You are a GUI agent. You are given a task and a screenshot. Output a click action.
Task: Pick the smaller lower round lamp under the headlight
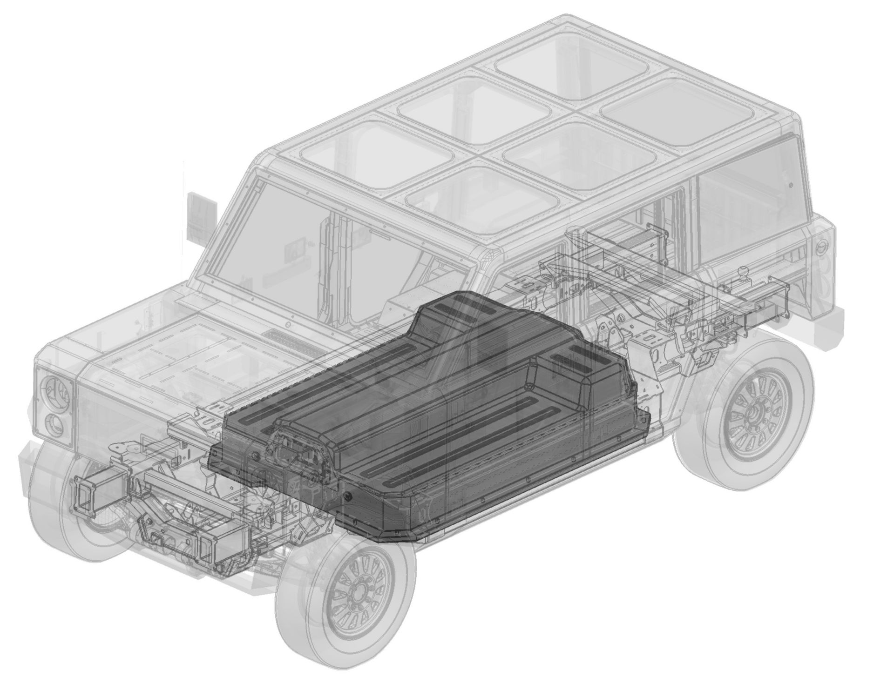tap(55, 424)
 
